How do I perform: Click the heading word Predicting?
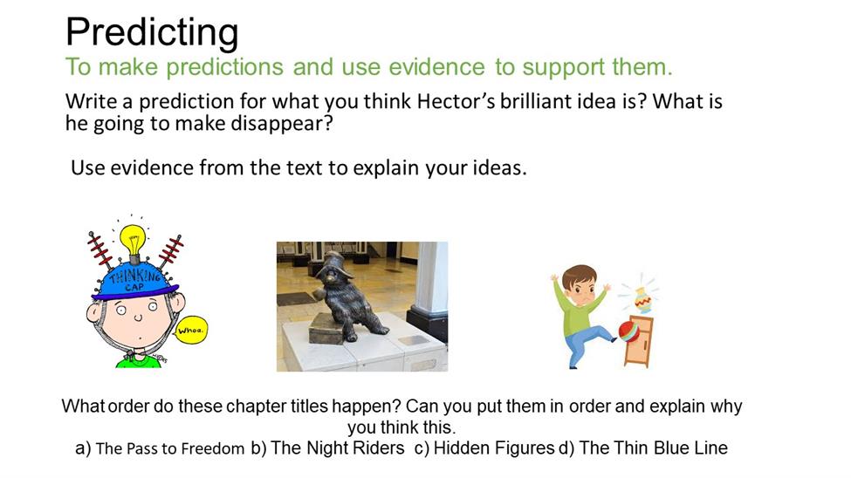click(x=152, y=32)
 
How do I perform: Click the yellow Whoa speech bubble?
click(x=190, y=330)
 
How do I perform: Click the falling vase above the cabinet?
click(x=642, y=299)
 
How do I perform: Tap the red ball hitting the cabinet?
click(x=628, y=331)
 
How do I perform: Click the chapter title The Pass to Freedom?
click(x=170, y=448)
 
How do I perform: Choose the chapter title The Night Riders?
click(x=338, y=448)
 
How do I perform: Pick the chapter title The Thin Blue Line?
click(x=654, y=448)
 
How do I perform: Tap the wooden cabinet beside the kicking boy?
click(x=639, y=341)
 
